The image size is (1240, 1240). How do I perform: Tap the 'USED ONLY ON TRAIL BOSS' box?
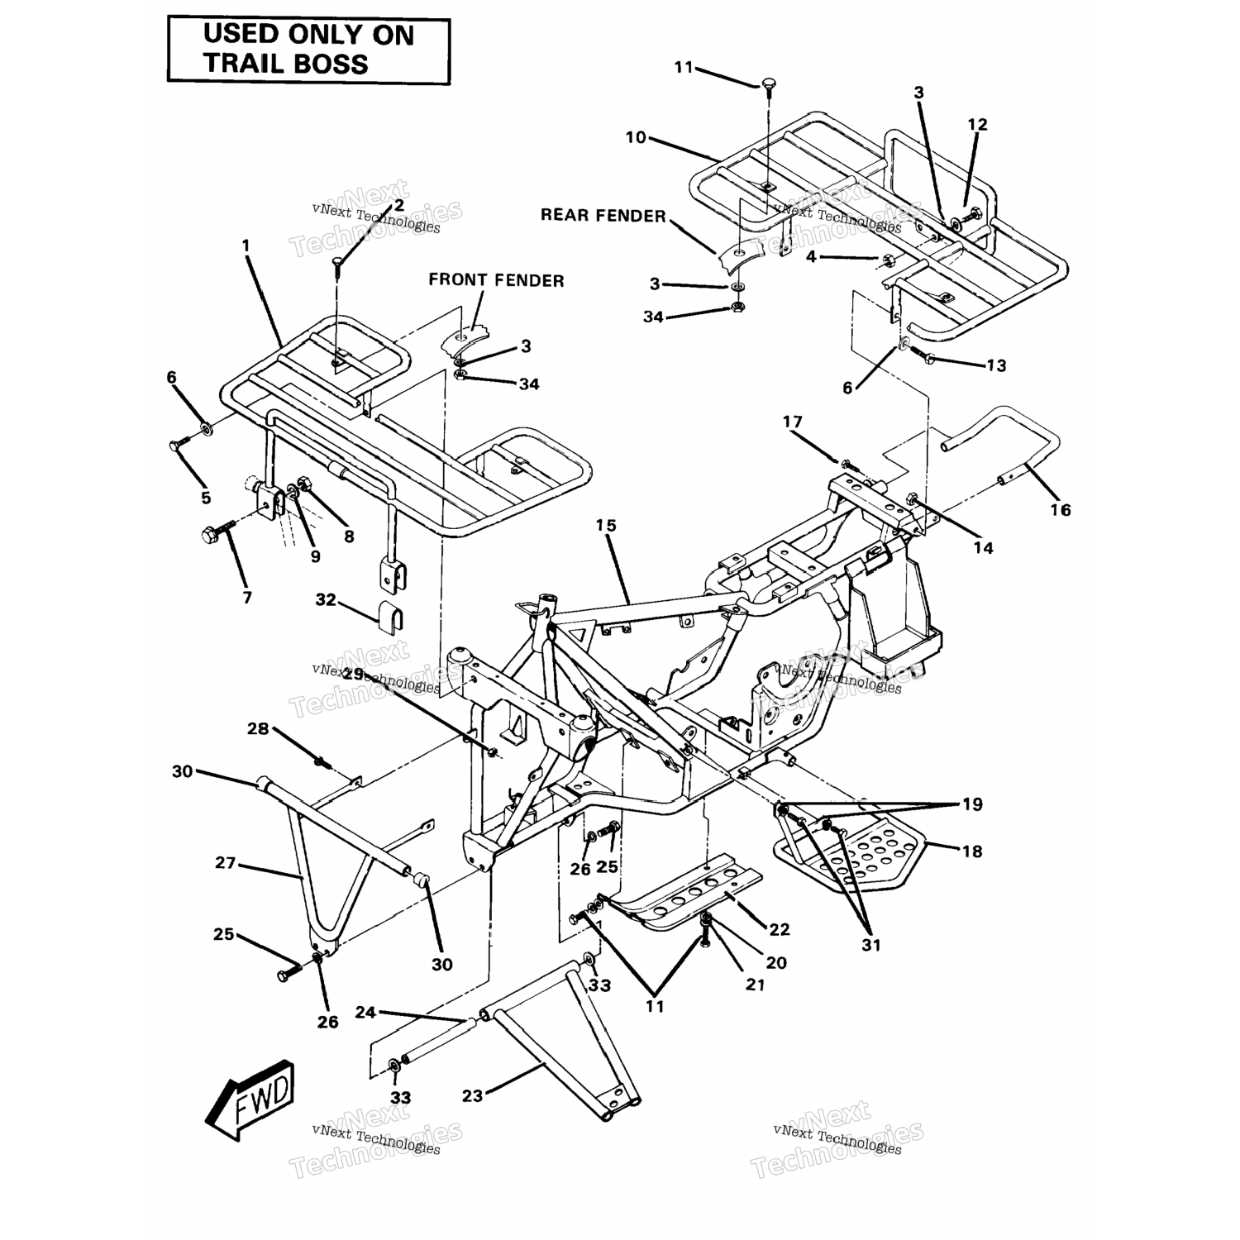[308, 50]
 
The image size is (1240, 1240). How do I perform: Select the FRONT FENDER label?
[496, 280]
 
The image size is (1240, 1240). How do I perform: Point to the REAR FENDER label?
[603, 216]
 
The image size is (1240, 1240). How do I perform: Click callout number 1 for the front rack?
[246, 246]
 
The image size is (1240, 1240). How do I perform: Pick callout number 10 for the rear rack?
[635, 137]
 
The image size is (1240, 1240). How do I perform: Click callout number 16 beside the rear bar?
[1060, 510]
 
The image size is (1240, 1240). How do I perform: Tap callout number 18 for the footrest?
[972, 851]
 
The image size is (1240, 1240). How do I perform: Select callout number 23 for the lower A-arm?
[472, 1096]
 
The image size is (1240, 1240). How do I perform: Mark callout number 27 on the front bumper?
[225, 863]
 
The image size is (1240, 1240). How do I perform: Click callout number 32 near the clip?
[327, 599]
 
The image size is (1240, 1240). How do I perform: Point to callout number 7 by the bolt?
[247, 598]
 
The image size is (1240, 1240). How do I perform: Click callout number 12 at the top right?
[977, 125]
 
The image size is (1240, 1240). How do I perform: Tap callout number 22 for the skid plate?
[780, 929]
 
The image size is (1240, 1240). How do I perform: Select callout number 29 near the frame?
[354, 674]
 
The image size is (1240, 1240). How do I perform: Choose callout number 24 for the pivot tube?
[365, 1012]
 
